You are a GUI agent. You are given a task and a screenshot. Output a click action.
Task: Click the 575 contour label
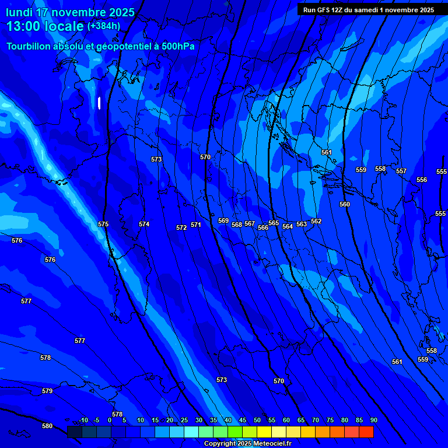(103, 224)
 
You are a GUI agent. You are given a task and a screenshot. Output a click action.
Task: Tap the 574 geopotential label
(144, 224)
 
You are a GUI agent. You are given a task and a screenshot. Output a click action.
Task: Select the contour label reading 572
(181, 228)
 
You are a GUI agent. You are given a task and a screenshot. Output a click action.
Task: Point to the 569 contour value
(223, 220)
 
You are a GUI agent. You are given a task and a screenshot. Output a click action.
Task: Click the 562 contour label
(316, 221)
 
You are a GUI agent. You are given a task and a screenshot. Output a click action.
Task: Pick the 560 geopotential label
(345, 204)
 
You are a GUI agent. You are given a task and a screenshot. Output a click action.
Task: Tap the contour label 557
(401, 171)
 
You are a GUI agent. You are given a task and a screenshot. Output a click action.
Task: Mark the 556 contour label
(422, 180)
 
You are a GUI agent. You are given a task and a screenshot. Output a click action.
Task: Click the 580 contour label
(47, 426)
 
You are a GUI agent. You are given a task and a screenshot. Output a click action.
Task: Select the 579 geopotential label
(47, 391)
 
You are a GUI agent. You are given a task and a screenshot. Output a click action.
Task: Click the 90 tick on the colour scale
(374, 420)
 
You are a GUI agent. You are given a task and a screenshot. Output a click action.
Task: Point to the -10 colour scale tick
(83, 420)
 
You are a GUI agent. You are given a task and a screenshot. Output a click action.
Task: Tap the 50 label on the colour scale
(257, 420)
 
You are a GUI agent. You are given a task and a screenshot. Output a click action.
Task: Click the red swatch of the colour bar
(366, 432)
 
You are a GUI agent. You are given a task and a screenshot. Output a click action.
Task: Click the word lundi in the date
(19, 12)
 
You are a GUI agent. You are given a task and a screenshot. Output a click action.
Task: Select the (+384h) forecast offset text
(104, 26)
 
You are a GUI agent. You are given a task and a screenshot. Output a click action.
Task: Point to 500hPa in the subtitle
(176, 46)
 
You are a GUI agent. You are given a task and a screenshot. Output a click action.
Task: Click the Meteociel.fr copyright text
(276, 443)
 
